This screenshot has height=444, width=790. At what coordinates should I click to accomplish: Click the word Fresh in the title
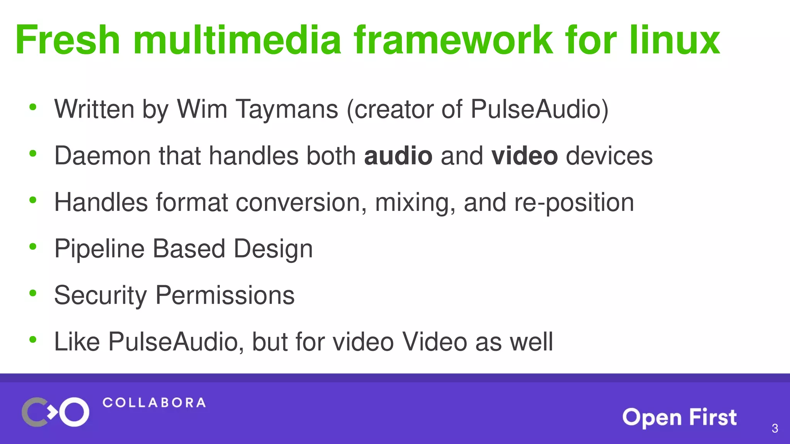[68, 40]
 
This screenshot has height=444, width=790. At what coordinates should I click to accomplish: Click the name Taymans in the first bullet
[287, 109]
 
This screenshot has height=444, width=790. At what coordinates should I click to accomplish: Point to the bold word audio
[398, 156]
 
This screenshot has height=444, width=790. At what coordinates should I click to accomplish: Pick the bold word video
[524, 156]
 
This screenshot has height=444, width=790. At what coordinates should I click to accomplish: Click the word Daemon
[102, 156]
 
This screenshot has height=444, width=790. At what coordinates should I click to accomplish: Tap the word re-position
[574, 203]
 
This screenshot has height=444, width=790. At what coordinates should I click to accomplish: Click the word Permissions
[225, 295]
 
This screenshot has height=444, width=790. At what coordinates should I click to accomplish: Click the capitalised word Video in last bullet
[434, 341]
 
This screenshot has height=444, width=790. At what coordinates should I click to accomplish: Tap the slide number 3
[775, 428]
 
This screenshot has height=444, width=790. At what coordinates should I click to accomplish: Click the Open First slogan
[679, 417]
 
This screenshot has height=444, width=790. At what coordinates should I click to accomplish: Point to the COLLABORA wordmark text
[154, 403]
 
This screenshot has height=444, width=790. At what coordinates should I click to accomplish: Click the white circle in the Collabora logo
[74, 412]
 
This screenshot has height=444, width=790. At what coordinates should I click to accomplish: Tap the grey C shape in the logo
[32, 412]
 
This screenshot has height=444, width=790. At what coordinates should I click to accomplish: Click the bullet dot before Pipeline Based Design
[33, 246]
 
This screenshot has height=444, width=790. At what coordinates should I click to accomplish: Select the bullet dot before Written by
[33, 107]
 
